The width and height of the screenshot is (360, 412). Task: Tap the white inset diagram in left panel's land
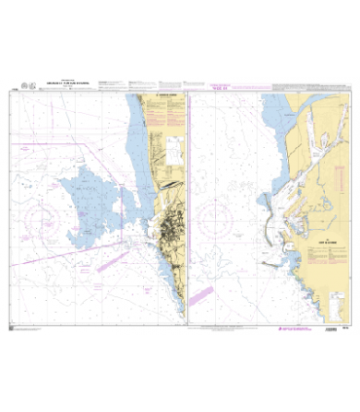(x=171, y=146)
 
